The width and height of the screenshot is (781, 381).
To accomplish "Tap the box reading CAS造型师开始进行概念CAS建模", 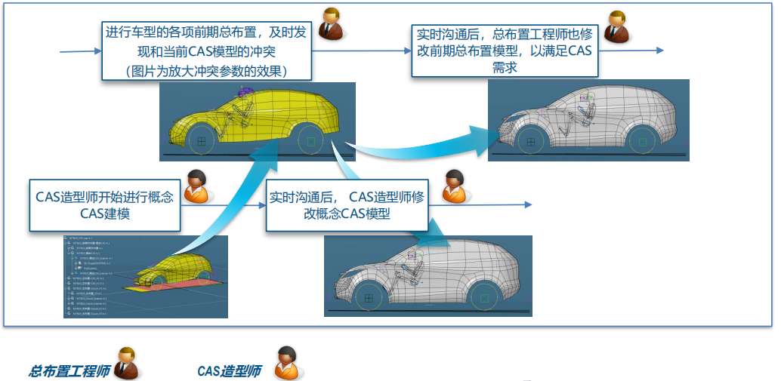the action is [x=105, y=204].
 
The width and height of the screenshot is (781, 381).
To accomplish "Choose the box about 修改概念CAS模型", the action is [x=347, y=205].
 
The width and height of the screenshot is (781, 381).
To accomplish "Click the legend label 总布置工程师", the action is [x=69, y=370].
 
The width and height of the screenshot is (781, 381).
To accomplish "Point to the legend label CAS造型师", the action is [x=229, y=370].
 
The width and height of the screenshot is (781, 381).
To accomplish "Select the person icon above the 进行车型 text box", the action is [x=331, y=25].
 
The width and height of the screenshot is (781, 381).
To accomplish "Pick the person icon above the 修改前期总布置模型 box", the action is [x=617, y=26].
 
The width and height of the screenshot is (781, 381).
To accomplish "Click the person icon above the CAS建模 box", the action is [x=197, y=186].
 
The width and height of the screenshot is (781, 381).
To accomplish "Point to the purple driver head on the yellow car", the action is [x=245, y=93].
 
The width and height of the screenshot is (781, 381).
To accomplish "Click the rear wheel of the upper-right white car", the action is [x=642, y=141].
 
